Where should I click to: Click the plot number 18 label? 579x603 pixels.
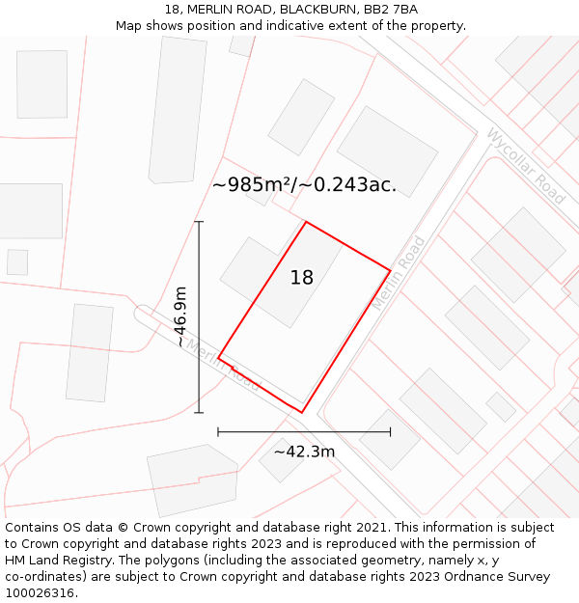coord(302,278)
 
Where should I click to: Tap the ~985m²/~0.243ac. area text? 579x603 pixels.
coord(304,185)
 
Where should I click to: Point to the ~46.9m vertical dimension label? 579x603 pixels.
coord(180,316)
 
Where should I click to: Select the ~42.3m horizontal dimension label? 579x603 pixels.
coord(304,452)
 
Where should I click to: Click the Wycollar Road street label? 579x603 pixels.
coord(526,166)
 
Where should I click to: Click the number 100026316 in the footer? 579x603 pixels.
coord(41,593)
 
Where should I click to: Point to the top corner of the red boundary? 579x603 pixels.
coord(306,223)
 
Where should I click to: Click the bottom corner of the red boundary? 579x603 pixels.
coord(301,413)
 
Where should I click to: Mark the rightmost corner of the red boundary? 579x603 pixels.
coord(390,270)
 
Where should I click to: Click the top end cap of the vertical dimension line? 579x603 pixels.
coord(199,222)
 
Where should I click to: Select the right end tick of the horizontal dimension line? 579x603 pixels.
coord(390,431)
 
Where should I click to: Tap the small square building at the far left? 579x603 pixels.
coord(17,262)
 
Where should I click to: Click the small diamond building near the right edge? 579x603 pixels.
coord(501,406)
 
